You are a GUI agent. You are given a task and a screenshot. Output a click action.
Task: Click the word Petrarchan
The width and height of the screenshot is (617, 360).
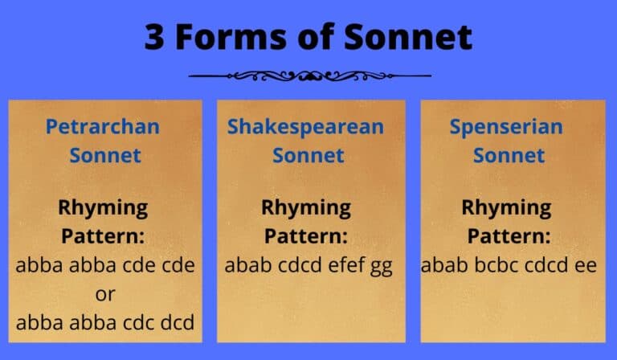pos(103,126)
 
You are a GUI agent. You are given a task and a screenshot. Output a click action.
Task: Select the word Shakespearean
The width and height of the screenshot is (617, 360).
pos(306,126)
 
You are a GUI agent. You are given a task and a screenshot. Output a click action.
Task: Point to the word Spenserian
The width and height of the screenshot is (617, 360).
pos(506,126)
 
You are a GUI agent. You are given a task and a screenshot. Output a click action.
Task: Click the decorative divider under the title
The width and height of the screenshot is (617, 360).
pos(309,76)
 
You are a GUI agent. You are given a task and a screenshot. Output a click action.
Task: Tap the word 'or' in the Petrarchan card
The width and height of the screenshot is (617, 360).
pos(105,294)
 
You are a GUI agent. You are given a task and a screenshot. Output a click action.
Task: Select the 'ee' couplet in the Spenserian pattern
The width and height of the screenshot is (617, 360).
pos(585,265)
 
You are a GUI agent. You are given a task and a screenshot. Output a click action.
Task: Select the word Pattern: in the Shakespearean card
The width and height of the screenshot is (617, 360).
pos(306,236)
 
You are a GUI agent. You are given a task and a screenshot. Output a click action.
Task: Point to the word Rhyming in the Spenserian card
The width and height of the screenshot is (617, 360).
pos(506,207)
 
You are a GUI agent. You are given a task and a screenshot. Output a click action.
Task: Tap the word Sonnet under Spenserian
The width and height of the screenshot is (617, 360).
pos(506,154)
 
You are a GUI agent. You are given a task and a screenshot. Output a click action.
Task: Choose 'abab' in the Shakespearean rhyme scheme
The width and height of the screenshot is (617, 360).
pos(245,265)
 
